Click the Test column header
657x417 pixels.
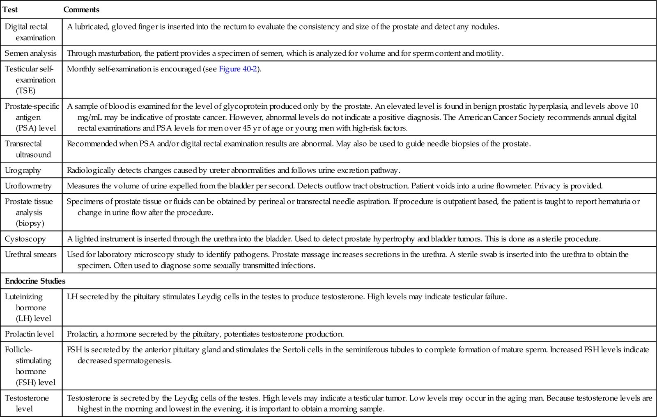[10, 9]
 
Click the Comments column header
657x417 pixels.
[81, 9]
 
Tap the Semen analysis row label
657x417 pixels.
[31, 53]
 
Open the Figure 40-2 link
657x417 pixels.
[238, 69]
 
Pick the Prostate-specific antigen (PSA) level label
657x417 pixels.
[32, 117]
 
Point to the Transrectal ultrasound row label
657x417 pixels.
[28, 149]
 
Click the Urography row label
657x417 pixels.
[23, 170]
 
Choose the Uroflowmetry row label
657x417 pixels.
[28, 186]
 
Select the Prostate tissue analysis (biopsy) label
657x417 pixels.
[29, 212]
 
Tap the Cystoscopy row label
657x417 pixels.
[25, 239]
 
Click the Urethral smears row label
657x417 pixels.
[31, 254]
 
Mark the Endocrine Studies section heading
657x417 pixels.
[35, 281]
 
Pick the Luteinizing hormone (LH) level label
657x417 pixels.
[28, 307]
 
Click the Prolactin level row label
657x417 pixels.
[30, 334]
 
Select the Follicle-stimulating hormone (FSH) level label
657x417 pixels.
[30, 366]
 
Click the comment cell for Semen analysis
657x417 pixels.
[285, 53]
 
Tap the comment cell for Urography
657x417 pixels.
[233, 170]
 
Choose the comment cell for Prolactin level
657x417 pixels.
[205, 334]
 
